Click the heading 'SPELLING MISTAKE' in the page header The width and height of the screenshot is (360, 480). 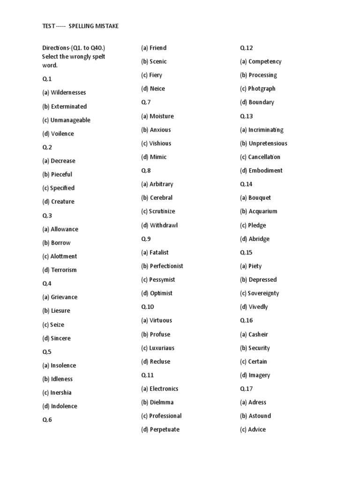point(94,26)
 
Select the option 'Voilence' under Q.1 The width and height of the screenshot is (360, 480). point(62,134)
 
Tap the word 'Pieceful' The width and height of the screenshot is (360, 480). point(61,174)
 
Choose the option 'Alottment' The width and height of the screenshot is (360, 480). point(64,256)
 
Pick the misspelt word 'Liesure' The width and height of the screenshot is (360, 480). point(60,311)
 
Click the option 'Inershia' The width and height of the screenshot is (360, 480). point(61,393)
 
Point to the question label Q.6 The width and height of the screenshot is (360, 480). point(47,420)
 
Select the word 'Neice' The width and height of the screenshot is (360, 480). point(157,89)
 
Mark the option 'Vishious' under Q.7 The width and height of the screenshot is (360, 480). point(160,143)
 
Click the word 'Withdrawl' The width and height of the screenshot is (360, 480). point(164,225)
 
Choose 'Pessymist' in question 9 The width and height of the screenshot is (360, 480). point(162,280)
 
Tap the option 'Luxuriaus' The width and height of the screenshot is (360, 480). point(162,348)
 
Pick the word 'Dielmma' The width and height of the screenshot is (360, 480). point(161,403)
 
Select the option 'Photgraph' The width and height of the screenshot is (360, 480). point(262,89)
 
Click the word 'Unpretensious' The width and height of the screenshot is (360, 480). point(268,143)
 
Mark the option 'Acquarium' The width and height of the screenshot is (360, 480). point(263,212)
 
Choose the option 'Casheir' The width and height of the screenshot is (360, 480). point(258,335)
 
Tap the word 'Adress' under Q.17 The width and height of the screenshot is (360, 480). point(257,403)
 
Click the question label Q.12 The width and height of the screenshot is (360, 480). point(247,48)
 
